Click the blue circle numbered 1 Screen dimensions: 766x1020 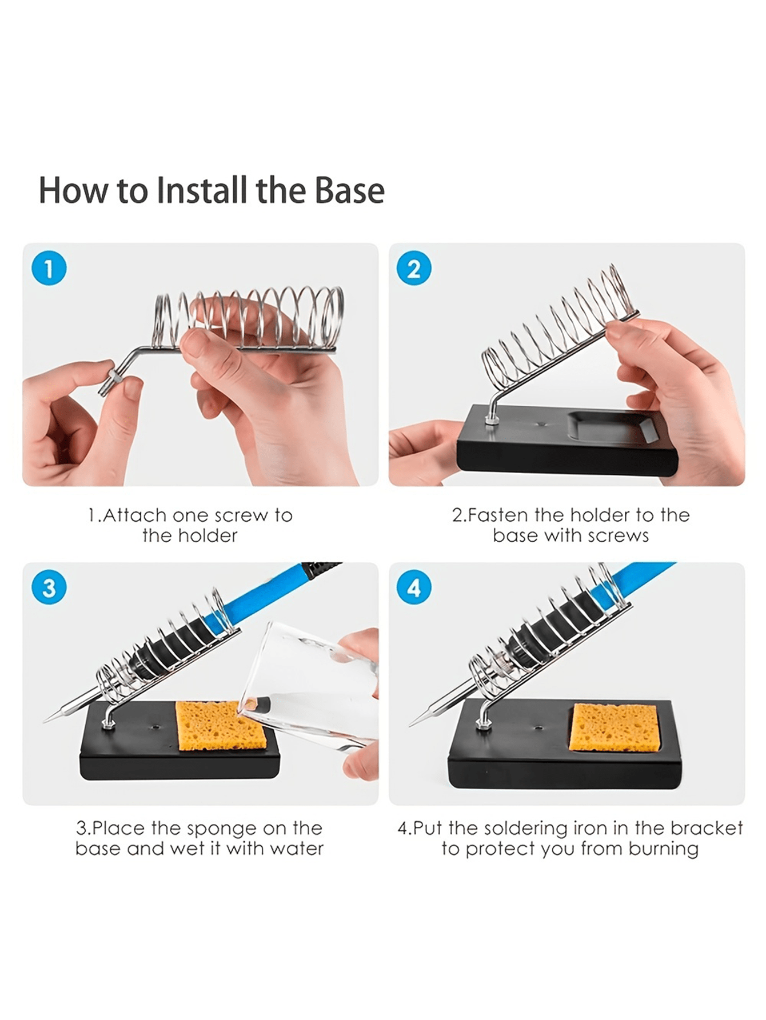(x=49, y=269)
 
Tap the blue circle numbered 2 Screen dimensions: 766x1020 (x=414, y=269)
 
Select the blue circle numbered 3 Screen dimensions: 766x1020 (x=49, y=588)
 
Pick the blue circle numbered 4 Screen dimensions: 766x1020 (x=414, y=588)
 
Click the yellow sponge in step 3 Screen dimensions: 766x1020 (x=220, y=725)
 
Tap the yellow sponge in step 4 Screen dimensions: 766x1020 (x=615, y=727)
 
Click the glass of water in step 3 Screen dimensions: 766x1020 (x=309, y=686)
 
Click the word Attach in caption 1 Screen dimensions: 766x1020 (x=135, y=515)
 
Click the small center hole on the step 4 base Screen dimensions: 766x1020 (x=538, y=729)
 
